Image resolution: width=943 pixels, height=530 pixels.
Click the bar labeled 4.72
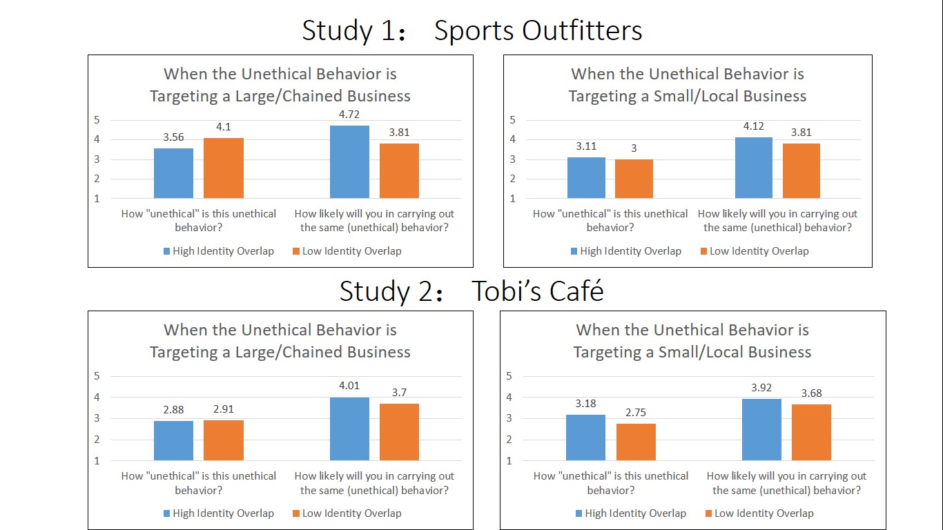pos(349,162)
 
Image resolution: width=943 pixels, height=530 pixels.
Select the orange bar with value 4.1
pos(223,168)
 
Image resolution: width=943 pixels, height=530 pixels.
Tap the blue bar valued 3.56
pos(173,173)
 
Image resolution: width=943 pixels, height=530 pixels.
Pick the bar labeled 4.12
pos(754,168)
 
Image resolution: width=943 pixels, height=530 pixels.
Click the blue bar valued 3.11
pos(586,178)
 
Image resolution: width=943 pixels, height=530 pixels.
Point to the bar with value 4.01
pos(349,429)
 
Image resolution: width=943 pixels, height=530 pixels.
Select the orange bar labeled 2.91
pos(223,440)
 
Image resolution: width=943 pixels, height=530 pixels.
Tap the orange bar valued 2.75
pos(636,442)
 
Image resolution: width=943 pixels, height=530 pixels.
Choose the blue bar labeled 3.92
pos(761,430)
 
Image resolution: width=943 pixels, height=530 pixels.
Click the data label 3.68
pos(811,393)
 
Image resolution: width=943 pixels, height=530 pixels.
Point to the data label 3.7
pos(398,393)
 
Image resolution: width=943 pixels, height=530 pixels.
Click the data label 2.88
pos(173,409)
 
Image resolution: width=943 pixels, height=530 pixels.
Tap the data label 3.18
pos(585,403)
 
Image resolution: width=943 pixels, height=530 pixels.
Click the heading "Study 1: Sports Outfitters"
pos(471,31)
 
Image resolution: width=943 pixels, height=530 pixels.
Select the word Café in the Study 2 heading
pos(572,291)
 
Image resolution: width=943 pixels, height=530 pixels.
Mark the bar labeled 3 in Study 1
pos(634,179)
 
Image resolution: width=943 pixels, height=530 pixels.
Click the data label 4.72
pos(349,115)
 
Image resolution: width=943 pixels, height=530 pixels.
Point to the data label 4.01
pos(349,386)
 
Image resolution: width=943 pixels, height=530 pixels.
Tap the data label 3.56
pos(173,137)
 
